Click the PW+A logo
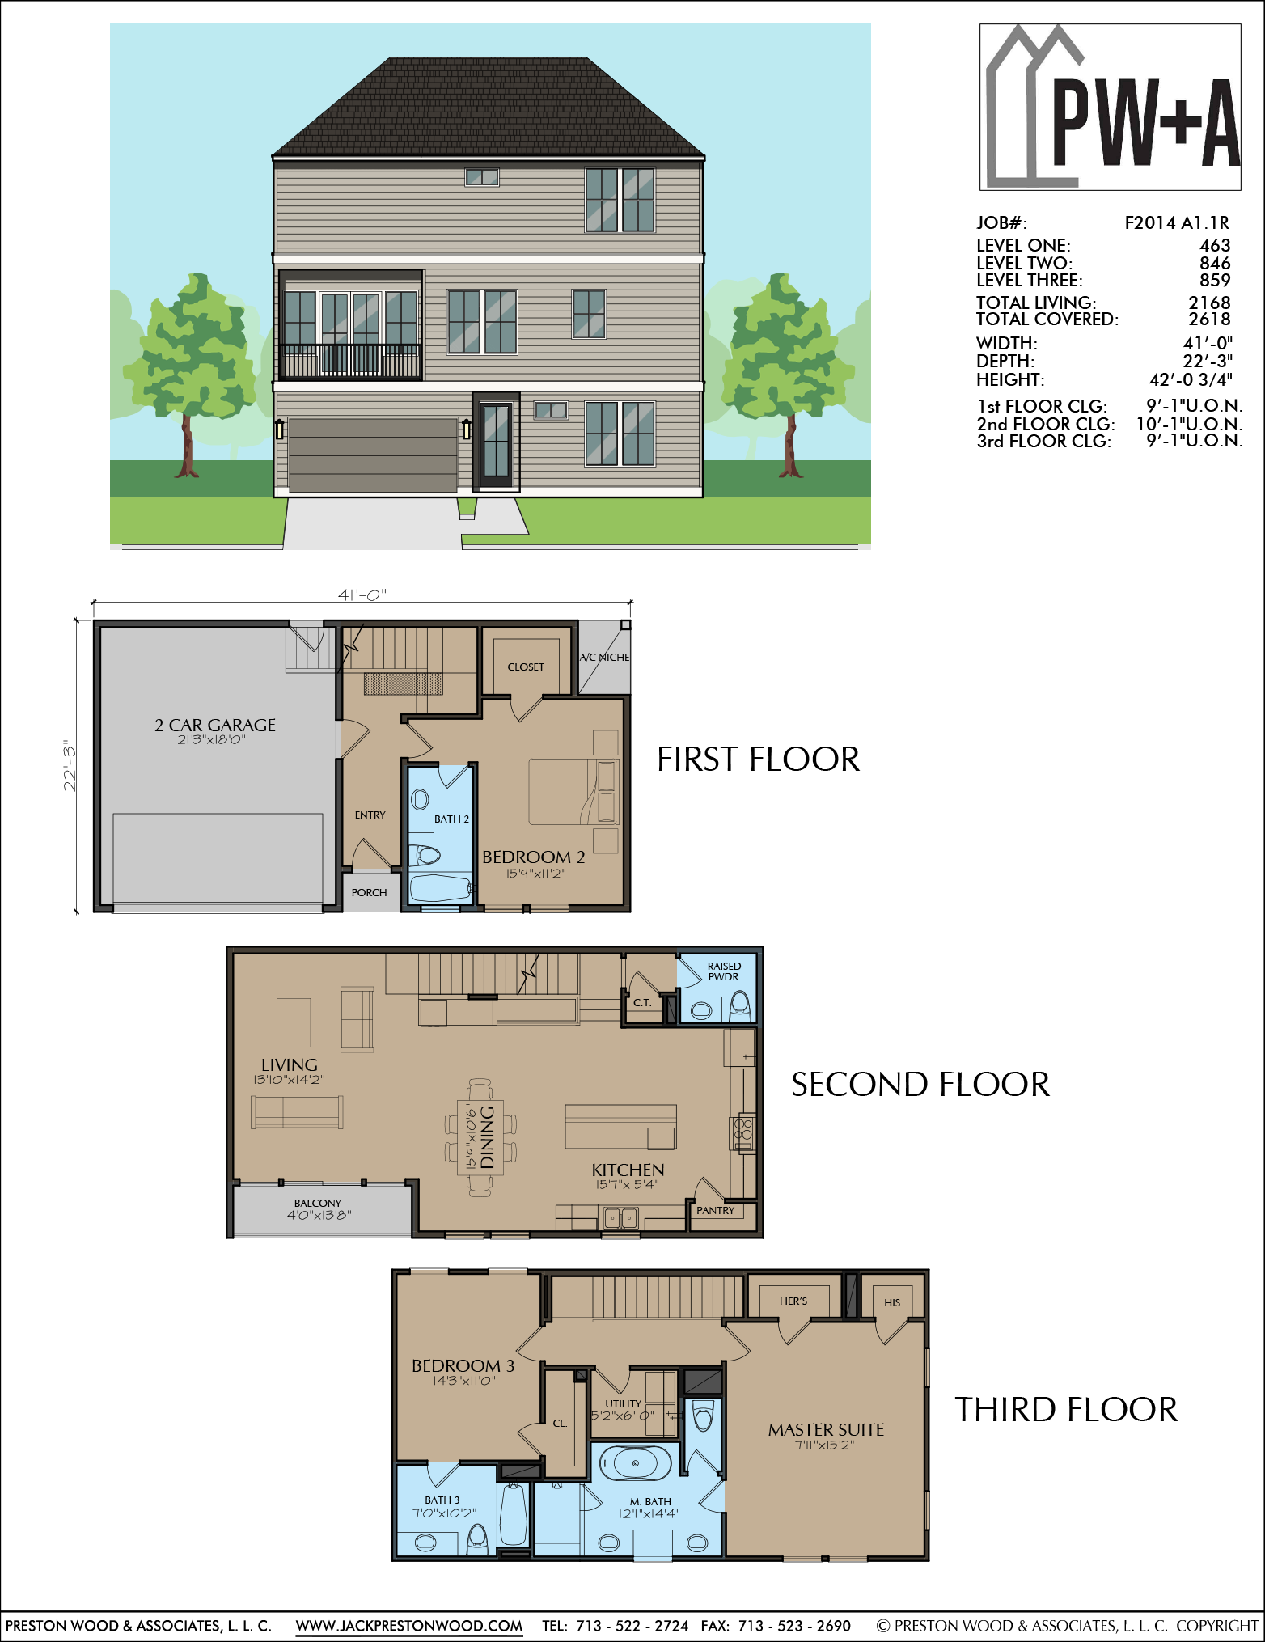click(1110, 108)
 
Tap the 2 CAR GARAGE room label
click(215, 725)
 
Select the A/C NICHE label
click(604, 657)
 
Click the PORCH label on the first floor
click(369, 892)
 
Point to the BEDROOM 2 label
click(534, 857)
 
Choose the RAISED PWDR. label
click(724, 971)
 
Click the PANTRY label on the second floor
click(716, 1210)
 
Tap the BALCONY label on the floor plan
click(318, 1203)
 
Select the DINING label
click(487, 1137)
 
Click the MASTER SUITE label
click(826, 1429)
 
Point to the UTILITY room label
click(623, 1403)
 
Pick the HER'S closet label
click(793, 1301)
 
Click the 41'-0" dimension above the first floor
click(362, 595)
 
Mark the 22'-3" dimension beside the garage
click(70, 765)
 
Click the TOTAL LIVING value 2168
click(1209, 303)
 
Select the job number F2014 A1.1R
click(1177, 223)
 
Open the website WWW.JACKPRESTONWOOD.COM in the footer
click(409, 1626)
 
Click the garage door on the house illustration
click(373, 455)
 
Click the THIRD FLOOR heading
click(1066, 1409)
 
